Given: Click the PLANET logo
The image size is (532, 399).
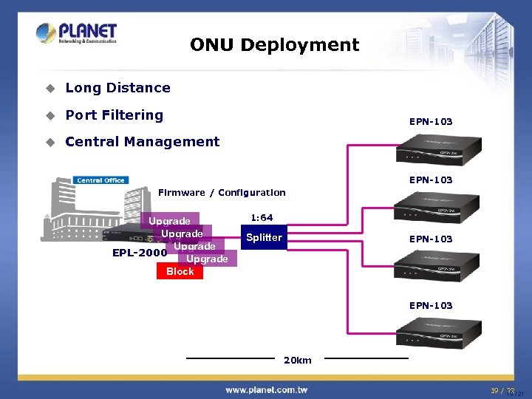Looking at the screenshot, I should [76, 33].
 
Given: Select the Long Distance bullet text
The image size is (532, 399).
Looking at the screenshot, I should [117, 88].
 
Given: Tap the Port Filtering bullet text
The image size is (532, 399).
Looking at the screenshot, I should [114, 115].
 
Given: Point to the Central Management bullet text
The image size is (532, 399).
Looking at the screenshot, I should [142, 141].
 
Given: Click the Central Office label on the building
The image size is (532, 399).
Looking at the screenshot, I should [100, 180].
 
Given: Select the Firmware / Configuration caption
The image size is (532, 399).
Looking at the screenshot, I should [222, 193].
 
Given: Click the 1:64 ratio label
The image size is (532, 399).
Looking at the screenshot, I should [262, 218].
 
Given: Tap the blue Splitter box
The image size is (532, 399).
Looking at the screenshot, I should [264, 237].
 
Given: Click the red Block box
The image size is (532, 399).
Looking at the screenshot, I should [180, 271].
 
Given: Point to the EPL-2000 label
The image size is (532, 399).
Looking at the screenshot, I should [139, 252].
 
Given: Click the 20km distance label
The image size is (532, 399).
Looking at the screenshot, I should [298, 361].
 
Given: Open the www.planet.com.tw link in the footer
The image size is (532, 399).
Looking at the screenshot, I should [267, 389].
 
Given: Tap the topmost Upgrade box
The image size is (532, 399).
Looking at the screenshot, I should [169, 221].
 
